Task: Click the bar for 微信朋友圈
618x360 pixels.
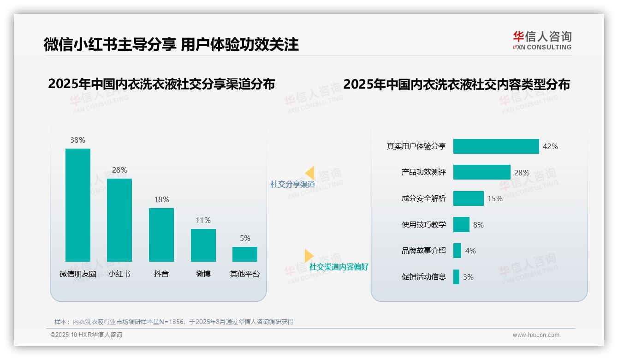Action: [77, 205]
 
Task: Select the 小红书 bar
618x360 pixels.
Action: [119, 220]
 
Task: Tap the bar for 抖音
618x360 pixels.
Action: [161, 234]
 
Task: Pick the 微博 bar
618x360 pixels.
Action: [203, 245]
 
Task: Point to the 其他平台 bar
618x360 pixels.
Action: [244, 254]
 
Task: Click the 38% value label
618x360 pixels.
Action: [77, 140]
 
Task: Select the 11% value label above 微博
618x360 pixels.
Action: [203, 221]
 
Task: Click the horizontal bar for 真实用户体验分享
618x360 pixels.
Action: [496, 146]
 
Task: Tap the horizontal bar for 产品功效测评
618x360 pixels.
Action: [481, 172]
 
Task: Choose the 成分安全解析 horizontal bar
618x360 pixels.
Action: [468, 198]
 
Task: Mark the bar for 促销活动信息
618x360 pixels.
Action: [456, 277]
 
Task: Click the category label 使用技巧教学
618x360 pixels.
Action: [423, 225]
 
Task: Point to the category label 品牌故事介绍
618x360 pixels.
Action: [423, 251]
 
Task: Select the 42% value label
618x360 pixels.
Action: [550, 147]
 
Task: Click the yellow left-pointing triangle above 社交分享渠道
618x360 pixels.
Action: [309, 173]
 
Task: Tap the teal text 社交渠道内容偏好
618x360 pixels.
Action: [339, 267]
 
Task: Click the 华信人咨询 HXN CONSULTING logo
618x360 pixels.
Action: [542, 40]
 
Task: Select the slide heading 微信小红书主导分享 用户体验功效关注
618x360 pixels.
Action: [171, 44]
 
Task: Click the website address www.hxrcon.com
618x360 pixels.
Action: [535, 335]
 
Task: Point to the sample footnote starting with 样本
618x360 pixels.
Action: [174, 322]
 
